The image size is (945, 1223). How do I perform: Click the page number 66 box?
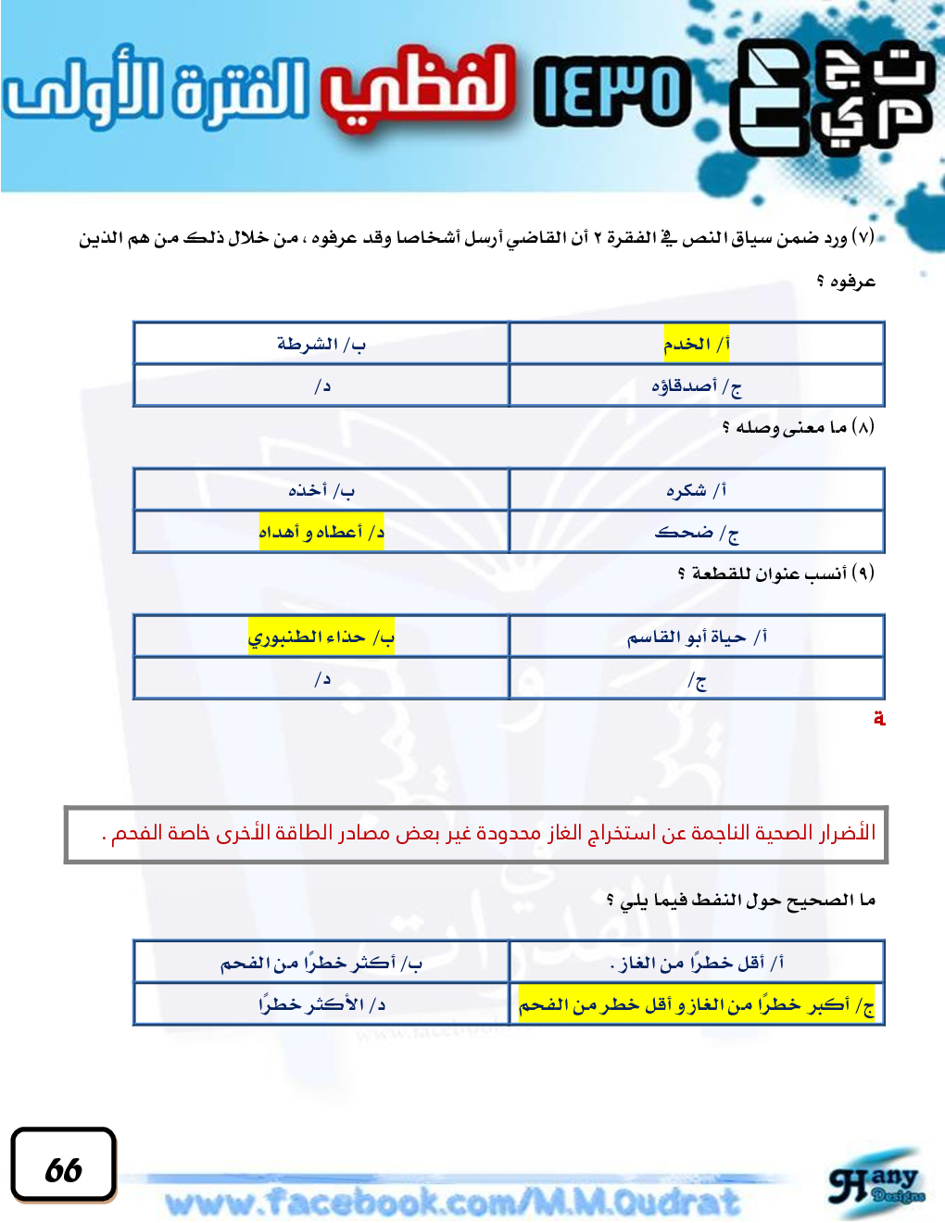pyautogui.click(x=63, y=1166)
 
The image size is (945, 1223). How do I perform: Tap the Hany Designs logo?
pyautogui.click(x=876, y=1187)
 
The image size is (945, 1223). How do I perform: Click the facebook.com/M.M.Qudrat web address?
pyautogui.click(x=453, y=1202)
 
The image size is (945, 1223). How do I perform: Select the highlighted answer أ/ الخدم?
pyautogui.click(x=696, y=344)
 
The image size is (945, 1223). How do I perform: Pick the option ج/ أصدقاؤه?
pyautogui.click(x=696, y=385)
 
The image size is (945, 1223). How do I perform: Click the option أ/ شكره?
pyautogui.click(x=696, y=489)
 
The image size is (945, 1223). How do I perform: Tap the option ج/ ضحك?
pyautogui.click(x=696, y=532)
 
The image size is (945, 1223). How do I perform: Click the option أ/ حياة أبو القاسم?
pyautogui.click(x=696, y=637)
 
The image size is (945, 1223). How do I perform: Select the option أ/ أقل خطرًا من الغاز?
pyautogui.click(x=696, y=963)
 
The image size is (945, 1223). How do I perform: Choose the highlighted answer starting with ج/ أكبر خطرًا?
pyautogui.click(x=696, y=1004)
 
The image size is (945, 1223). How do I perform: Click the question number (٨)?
pyautogui.click(x=862, y=427)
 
